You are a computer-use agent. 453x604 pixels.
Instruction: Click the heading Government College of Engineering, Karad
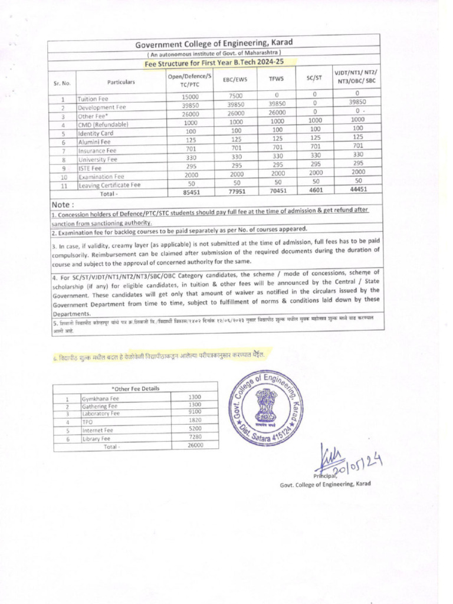pyautogui.click(x=214, y=44)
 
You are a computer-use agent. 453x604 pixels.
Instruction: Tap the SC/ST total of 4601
pyautogui.click(x=314, y=191)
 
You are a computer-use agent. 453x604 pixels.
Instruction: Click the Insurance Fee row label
pyautogui.click(x=98, y=151)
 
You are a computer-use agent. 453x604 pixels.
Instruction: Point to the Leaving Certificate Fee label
pyautogui.click(x=110, y=185)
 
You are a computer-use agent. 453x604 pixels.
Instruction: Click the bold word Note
pyautogui.click(x=63, y=204)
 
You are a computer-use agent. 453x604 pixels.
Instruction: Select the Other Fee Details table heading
pyautogui.click(x=135, y=388)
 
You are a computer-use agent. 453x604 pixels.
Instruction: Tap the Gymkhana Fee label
pyautogui.click(x=100, y=399)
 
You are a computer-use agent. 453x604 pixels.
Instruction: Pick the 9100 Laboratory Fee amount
pyautogui.click(x=194, y=412)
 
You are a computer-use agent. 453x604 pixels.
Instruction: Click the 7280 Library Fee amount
pyautogui.click(x=194, y=437)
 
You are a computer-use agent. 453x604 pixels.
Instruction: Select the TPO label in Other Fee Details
pyautogui.click(x=88, y=422)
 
